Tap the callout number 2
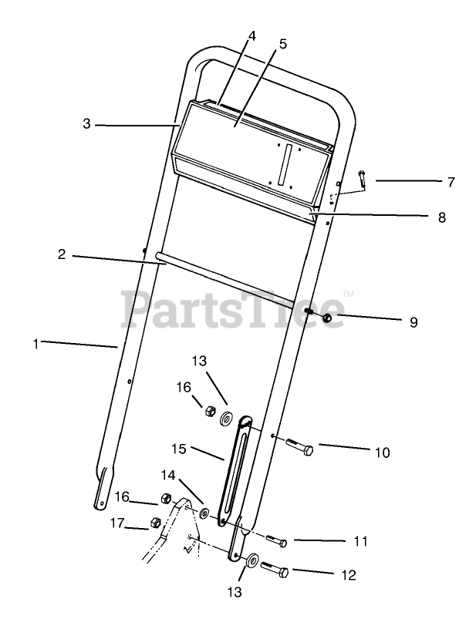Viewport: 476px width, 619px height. coord(62,254)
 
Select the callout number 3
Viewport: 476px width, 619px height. coord(87,123)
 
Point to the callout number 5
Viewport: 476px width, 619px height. coord(282,44)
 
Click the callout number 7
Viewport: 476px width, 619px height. coord(451,183)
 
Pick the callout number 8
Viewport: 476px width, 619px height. coord(441,217)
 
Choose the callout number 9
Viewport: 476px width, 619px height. coord(414,322)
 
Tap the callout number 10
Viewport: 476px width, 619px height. coord(383,452)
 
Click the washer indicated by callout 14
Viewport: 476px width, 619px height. coord(204,513)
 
